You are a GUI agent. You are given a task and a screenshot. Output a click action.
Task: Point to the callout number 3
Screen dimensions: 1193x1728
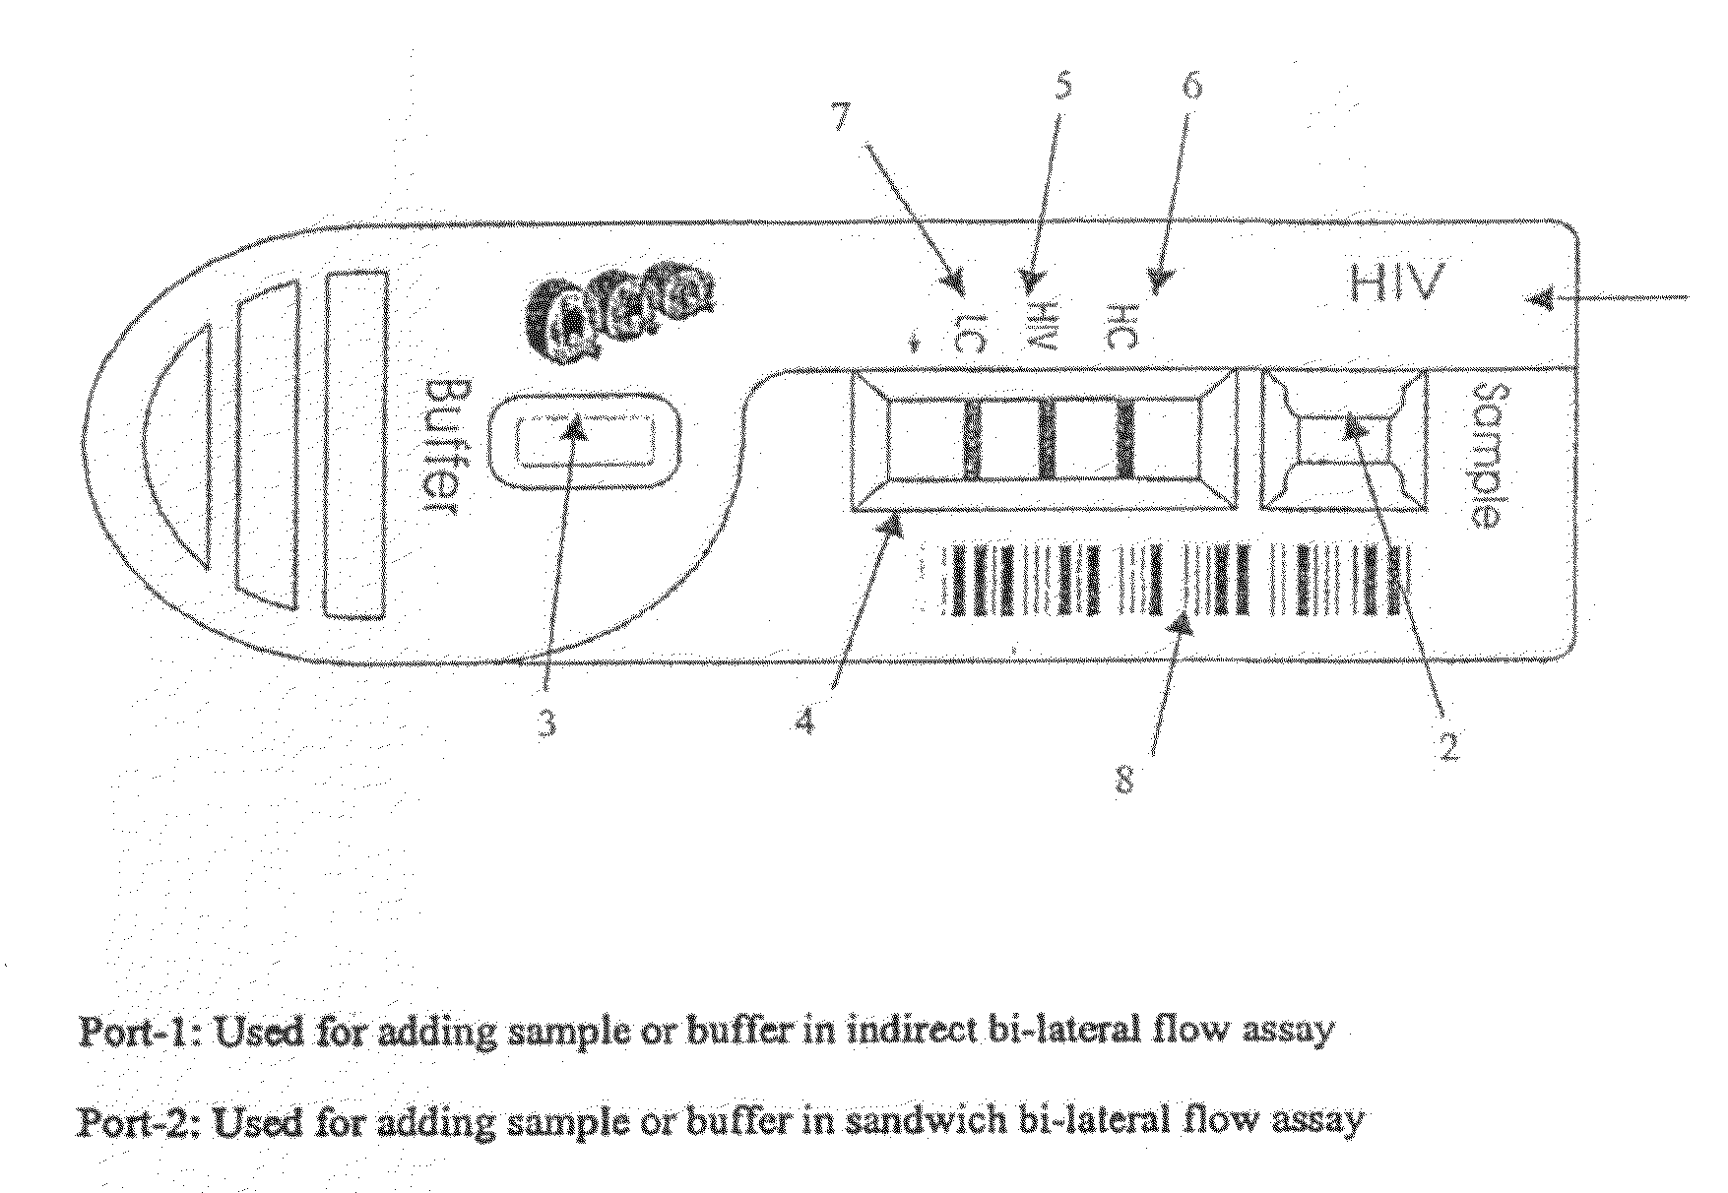coord(546,723)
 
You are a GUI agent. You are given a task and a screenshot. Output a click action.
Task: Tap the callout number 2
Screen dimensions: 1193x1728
coord(1447,744)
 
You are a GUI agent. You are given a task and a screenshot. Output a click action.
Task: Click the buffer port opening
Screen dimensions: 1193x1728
coord(587,441)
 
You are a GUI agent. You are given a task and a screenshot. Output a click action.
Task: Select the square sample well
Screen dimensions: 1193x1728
coord(1343,439)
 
